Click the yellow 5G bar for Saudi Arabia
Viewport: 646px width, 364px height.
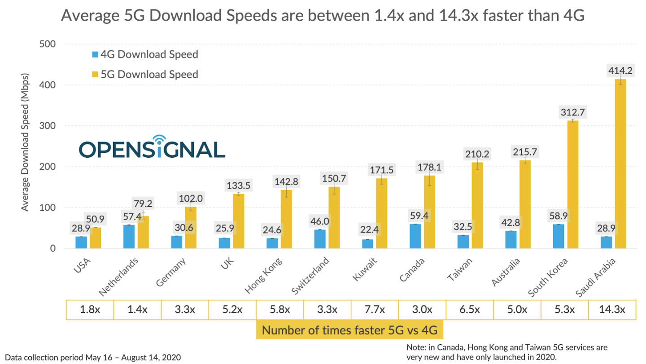click(620, 164)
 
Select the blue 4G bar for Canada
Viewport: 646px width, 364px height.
click(415, 236)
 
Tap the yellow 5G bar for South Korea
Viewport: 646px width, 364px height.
click(573, 184)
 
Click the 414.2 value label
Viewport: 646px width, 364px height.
click(620, 71)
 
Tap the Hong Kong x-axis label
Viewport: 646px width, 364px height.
click(264, 276)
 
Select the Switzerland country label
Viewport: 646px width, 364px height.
click(310, 276)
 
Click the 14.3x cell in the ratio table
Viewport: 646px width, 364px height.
click(612, 310)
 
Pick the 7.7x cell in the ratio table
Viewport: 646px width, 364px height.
click(375, 310)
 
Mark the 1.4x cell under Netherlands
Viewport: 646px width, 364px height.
click(137, 310)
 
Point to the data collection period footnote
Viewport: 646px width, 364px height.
click(93, 358)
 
